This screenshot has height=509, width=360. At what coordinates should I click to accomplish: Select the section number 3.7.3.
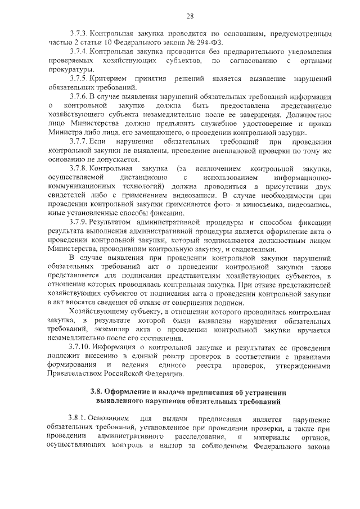pos(78,34)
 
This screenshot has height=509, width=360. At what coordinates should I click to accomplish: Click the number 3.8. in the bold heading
pos(99,393)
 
